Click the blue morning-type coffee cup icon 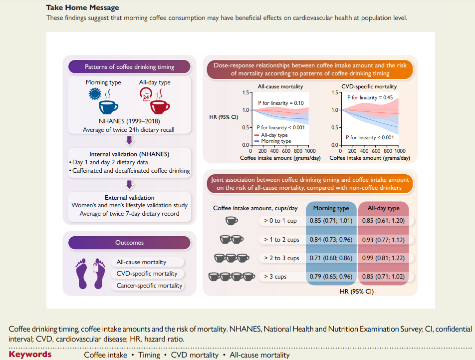pos(108,107)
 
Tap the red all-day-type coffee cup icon pos(160,107)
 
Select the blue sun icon pos(95,94)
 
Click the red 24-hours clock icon pos(146,94)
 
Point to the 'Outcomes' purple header pos(129,243)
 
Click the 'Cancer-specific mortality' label pos(149,286)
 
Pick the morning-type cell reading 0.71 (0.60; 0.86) pos(331,258)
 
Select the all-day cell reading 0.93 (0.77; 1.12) pos(383,240)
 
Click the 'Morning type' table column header pos(331,208)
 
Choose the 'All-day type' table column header pos(384,208)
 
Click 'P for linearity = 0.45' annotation pos(370,97)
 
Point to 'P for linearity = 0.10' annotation pos(281,103)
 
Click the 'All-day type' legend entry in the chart pos(271,135)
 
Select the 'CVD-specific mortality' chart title pos(369,87)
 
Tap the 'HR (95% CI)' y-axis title pos(224,117)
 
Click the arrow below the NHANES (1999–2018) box pos(130,141)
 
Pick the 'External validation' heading pos(129,198)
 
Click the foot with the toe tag pos(99,273)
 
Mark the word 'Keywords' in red pos(30,354)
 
